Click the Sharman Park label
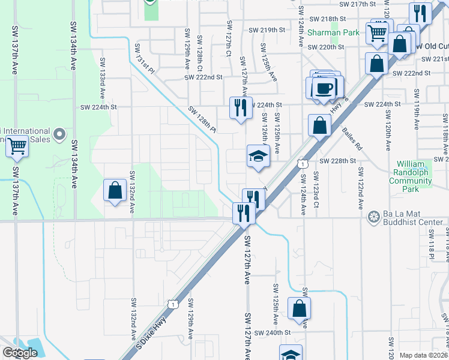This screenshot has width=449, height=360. tap(333, 32)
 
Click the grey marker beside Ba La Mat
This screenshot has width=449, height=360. tap(373, 215)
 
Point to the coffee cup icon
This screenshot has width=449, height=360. tap(325, 88)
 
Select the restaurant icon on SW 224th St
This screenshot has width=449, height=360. tap(241, 108)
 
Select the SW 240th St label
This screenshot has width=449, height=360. tap(273, 332)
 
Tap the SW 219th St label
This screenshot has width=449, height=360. tap(265, 30)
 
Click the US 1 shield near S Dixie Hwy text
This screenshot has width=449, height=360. tap(172, 305)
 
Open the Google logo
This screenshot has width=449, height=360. tap(20, 353)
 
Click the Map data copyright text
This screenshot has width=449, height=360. tap(424, 355)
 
